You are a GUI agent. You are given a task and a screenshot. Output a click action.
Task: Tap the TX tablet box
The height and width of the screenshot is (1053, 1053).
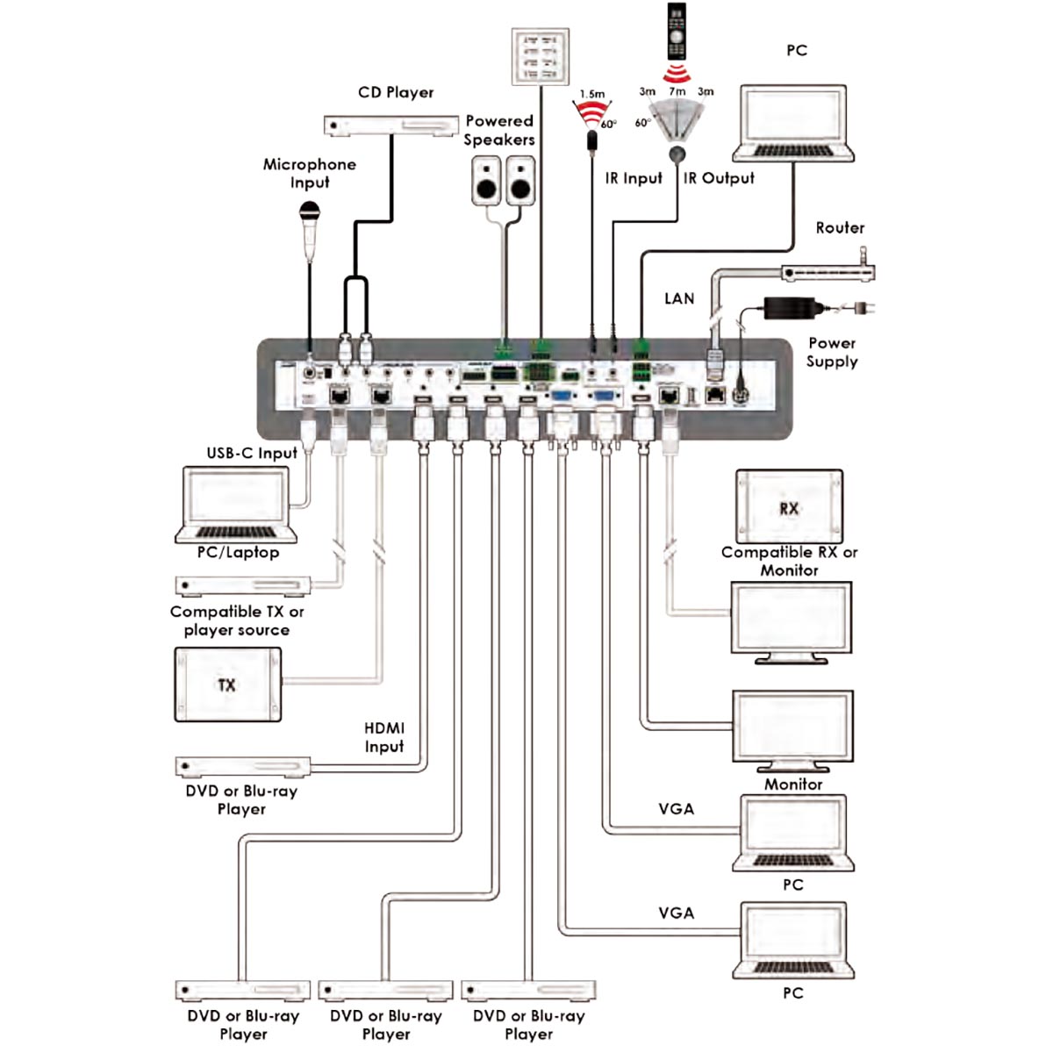click(228, 684)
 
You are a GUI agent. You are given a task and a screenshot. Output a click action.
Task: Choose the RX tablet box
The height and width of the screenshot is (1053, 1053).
click(789, 507)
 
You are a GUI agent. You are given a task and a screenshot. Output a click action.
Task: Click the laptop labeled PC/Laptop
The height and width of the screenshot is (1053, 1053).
click(237, 504)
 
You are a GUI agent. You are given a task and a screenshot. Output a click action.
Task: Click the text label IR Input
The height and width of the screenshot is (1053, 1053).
click(634, 178)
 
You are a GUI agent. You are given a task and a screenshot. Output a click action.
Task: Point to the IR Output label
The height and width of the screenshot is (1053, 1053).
click(719, 178)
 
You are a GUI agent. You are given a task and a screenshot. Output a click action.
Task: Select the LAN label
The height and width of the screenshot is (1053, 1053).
click(679, 298)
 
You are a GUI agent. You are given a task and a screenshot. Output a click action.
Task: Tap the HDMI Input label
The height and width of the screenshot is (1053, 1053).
click(384, 737)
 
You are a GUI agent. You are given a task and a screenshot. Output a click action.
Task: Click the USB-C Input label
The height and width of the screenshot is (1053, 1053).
click(252, 453)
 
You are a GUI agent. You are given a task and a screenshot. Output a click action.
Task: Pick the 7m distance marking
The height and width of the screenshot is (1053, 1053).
click(677, 90)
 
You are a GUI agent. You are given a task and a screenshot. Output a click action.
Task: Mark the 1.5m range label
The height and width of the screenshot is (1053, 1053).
click(592, 94)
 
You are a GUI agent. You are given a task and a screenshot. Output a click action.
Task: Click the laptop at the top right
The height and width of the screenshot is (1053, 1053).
click(796, 123)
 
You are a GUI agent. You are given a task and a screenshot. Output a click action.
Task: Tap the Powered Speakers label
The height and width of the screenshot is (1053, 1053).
click(499, 130)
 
